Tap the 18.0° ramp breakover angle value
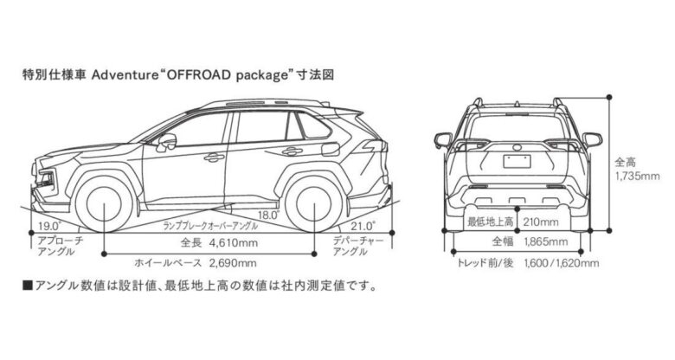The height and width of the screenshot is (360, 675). pos(268,215)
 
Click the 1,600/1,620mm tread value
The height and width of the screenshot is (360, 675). pos(562,262)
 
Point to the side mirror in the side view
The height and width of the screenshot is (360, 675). pos(166,141)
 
